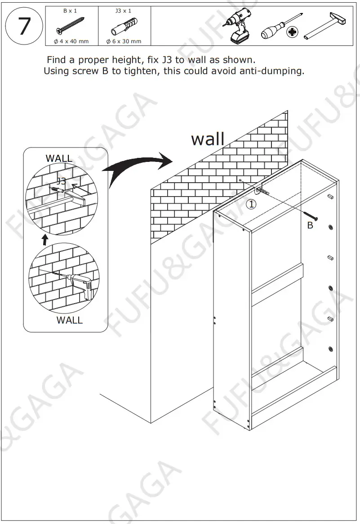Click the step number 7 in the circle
pos(24,27)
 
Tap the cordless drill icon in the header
pos(237,26)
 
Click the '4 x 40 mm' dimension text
pos(71,41)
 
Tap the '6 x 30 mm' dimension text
pos(124,41)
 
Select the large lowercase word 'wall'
pos(208,139)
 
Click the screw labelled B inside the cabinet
pos(311,217)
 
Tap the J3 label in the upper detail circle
pos(62,181)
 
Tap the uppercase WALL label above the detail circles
pos(59,158)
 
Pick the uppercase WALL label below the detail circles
pos(70,320)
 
